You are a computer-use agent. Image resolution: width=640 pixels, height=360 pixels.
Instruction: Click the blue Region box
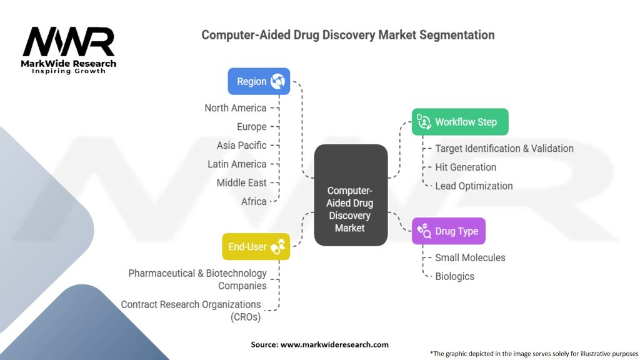click(259, 81)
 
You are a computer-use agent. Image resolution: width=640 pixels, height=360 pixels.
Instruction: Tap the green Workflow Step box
click(460, 122)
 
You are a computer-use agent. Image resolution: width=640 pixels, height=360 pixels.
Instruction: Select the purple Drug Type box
click(449, 231)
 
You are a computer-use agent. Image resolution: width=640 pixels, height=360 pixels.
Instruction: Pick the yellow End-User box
click(256, 246)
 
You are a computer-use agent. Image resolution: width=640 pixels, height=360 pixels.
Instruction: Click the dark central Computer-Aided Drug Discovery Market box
click(351, 195)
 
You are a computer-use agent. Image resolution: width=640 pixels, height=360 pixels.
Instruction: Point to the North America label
click(236, 108)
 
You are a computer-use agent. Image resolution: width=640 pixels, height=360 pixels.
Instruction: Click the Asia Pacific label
click(242, 145)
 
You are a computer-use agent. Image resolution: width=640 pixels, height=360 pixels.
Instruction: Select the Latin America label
click(237, 164)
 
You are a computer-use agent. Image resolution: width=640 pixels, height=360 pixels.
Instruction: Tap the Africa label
click(254, 201)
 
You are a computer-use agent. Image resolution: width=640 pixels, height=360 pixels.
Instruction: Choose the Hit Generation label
click(466, 167)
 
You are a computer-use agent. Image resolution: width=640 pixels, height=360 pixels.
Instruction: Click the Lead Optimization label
click(474, 186)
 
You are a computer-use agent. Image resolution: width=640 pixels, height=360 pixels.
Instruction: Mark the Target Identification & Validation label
click(504, 149)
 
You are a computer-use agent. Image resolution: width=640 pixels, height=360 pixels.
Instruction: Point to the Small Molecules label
click(470, 257)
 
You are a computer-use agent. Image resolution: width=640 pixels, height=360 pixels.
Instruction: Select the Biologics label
click(455, 276)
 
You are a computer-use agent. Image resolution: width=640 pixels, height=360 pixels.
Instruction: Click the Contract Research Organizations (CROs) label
click(191, 311)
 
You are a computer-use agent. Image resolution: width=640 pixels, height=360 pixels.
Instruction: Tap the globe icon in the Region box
click(277, 81)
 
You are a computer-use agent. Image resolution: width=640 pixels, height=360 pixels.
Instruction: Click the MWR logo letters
click(69, 42)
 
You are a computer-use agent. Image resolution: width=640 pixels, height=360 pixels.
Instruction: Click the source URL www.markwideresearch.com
click(334, 344)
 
